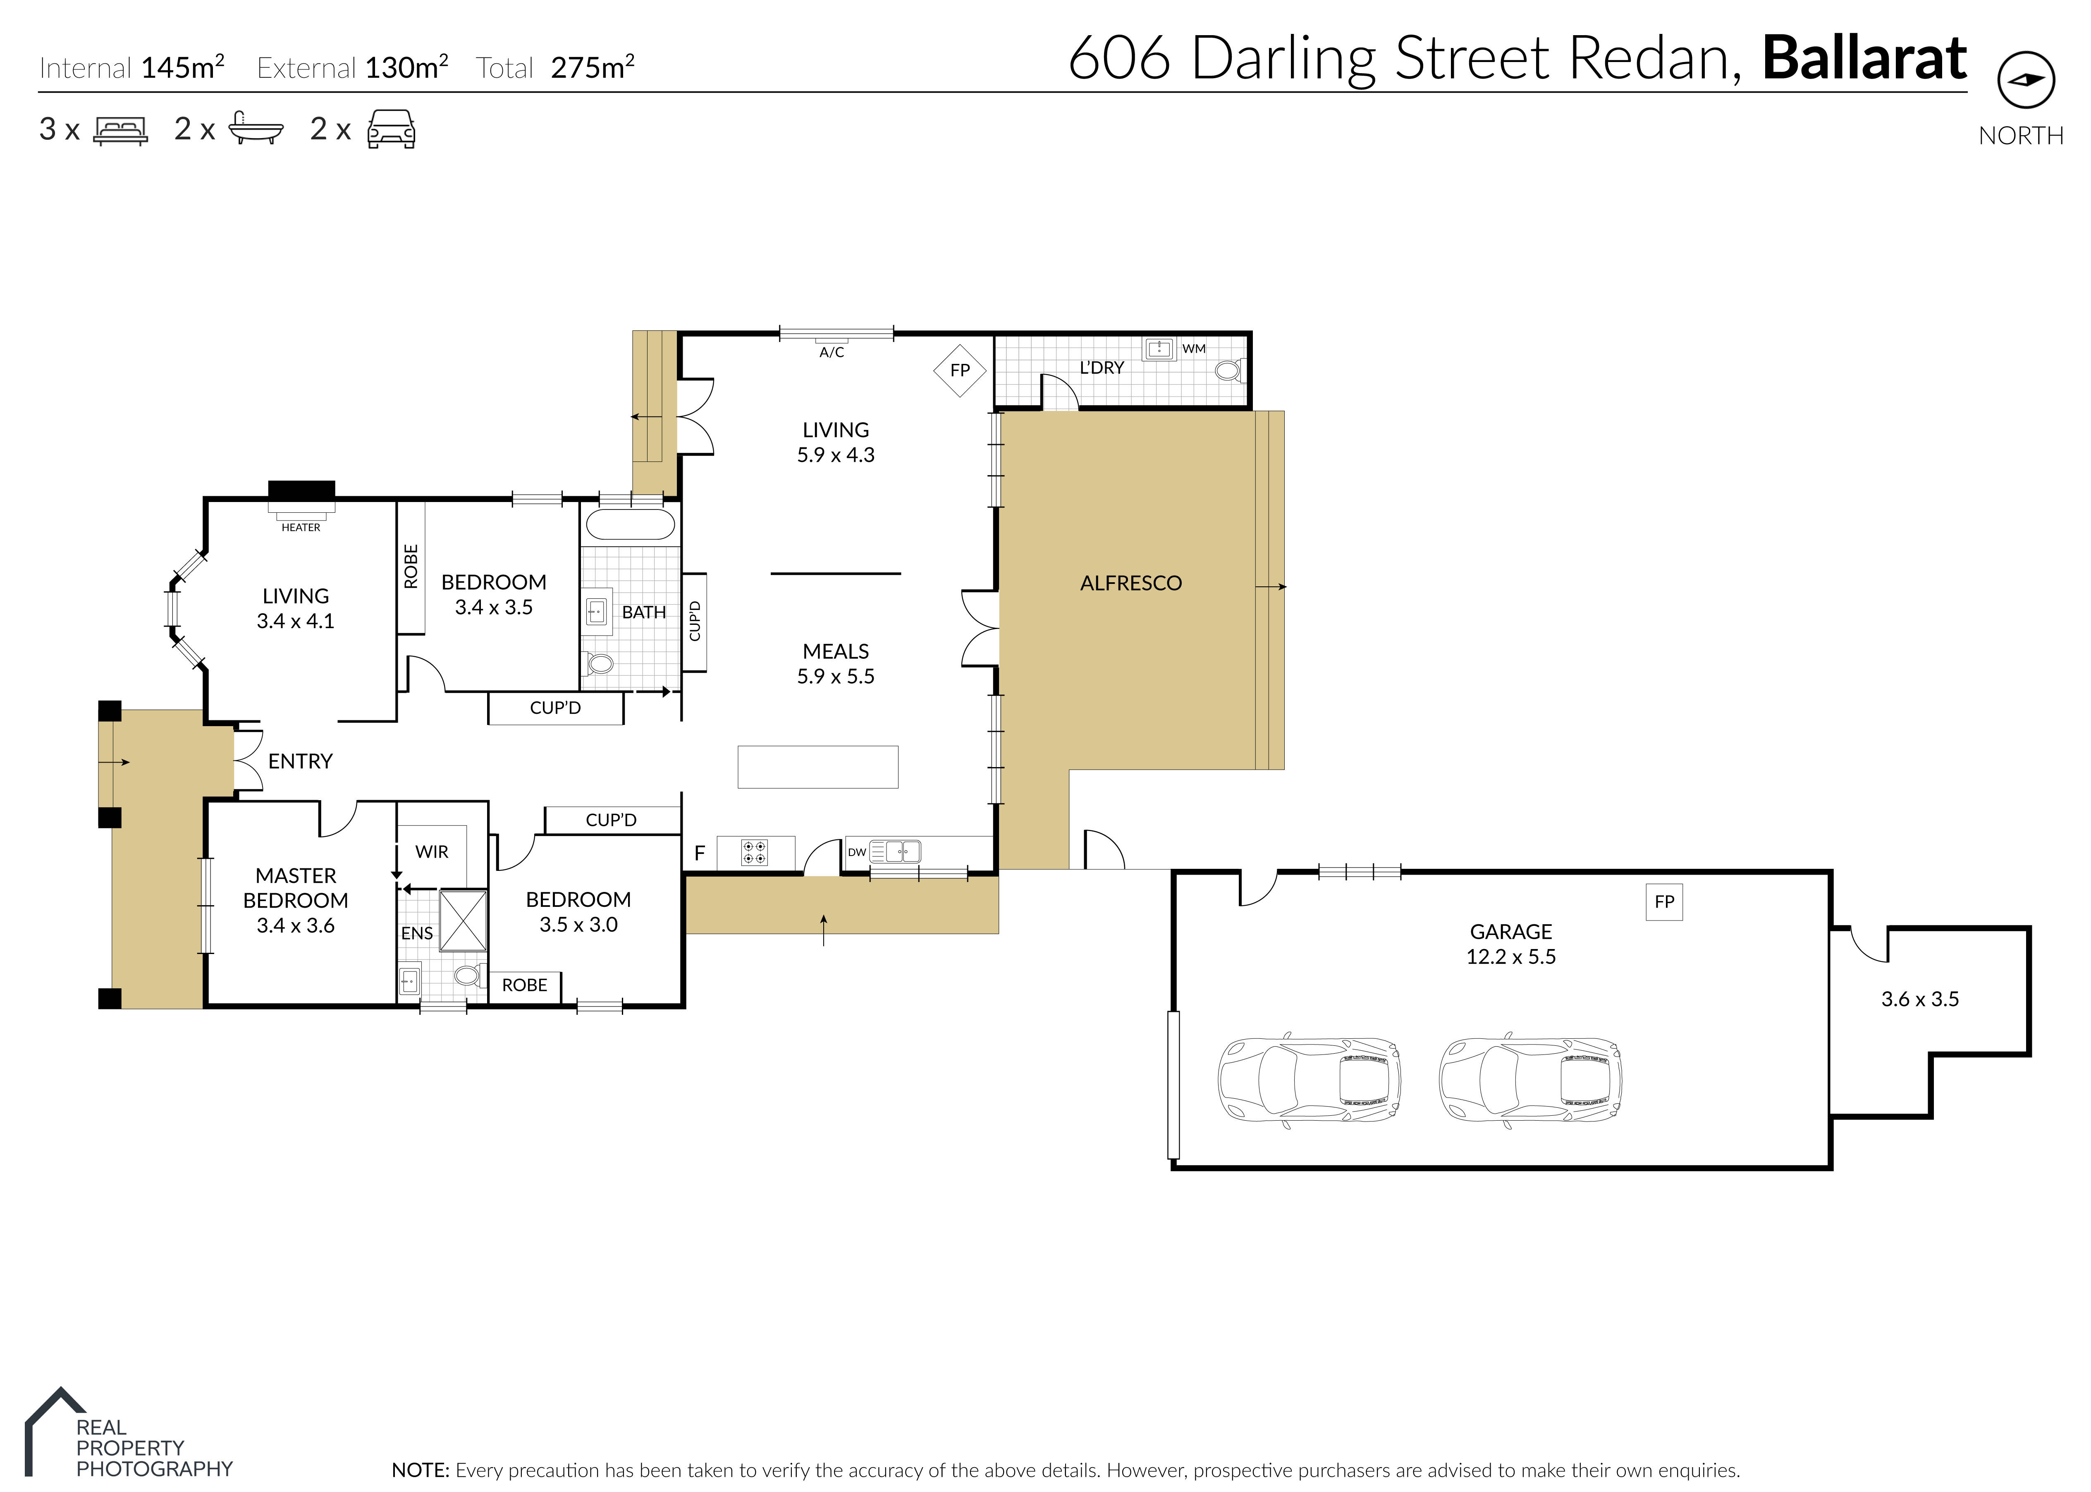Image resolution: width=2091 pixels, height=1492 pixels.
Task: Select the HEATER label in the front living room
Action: coord(301,527)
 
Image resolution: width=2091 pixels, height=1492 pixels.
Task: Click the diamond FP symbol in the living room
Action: coord(959,370)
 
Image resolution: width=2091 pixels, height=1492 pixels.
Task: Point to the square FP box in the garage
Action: coord(1664,901)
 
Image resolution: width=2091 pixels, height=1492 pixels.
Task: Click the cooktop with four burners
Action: coord(754,853)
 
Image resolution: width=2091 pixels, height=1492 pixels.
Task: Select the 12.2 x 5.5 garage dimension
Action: coord(1510,956)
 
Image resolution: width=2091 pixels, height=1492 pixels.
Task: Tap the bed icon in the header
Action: coord(120,130)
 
